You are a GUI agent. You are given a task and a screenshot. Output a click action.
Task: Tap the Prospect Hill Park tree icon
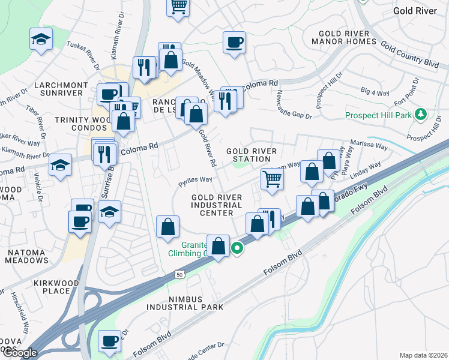[421, 114]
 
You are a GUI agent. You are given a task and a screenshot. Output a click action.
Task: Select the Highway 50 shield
[180, 274]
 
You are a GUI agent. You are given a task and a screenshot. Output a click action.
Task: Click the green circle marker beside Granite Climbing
[238, 247]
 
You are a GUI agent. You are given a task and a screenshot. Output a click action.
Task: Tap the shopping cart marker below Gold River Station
[273, 178]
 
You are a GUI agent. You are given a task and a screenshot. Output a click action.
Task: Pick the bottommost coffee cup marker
[110, 341]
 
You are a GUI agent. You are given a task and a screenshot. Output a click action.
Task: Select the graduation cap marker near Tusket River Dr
[41, 40]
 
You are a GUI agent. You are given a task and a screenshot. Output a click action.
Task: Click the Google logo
[19, 352]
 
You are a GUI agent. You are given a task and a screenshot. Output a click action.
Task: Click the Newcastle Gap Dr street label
[294, 105]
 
